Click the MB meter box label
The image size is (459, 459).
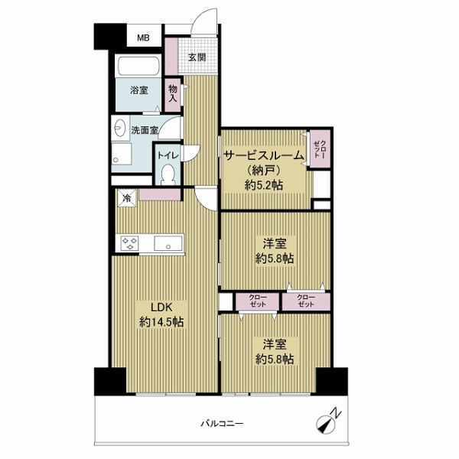click(x=144, y=37)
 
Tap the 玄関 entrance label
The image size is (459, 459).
click(x=197, y=57)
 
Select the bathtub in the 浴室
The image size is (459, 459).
click(x=138, y=66)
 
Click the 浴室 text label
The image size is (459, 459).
click(x=139, y=90)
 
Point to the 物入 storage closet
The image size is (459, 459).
click(x=172, y=94)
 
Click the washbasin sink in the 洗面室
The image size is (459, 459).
click(x=120, y=129)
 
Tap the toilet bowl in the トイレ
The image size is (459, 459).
click(x=168, y=174)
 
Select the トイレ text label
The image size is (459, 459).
click(x=168, y=155)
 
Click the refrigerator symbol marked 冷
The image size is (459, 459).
click(x=127, y=198)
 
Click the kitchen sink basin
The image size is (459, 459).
click(x=168, y=243)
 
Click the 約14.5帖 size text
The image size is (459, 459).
click(x=161, y=322)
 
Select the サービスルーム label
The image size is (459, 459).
click(x=264, y=155)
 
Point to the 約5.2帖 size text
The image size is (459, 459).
click(x=264, y=185)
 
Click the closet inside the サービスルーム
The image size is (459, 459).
click(x=321, y=149)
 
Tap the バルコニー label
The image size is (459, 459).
click(x=222, y=424)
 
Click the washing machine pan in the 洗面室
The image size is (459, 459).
click(x=122, y=154)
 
